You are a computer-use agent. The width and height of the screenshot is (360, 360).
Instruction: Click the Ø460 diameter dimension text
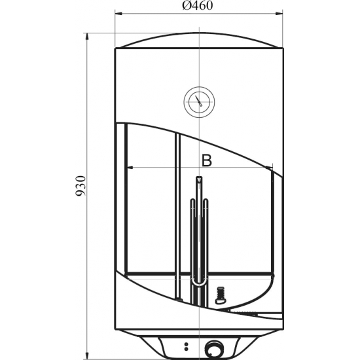tap(198, 7)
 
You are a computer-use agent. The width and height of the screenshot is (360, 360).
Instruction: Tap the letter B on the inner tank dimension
tap(206, 159)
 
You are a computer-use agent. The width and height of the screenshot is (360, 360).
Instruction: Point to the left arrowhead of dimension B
tap(128, 168)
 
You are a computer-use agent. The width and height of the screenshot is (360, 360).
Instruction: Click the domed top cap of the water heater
tap(198, 41)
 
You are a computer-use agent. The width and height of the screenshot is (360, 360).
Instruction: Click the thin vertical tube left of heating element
tap(176, 216)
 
